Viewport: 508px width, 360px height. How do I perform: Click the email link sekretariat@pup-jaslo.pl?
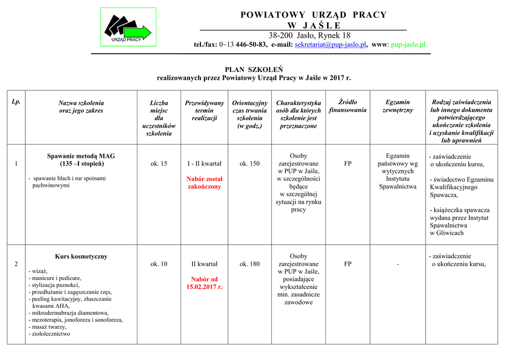pos(330,45)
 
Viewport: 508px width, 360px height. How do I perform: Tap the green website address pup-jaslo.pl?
pos(408,45)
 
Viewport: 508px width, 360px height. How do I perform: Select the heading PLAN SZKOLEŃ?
pos(254,70)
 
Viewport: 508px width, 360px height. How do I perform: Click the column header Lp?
pos(16,102)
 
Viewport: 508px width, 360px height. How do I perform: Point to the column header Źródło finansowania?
pos(347,106)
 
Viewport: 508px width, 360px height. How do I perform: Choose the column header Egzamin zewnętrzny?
pos(397,106)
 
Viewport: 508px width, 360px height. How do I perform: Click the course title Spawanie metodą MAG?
pos(81,156)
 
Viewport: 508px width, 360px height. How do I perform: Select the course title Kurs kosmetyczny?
pos(81,257)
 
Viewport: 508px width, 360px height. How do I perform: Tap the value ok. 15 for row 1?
pos(159,163)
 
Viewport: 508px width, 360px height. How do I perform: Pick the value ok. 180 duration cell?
pos(250,264)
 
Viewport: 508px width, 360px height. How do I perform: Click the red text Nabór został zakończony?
pos(204,183)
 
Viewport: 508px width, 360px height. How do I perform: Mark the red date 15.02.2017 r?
pos(204,287)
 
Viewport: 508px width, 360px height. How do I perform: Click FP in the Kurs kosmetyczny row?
pos(347,264)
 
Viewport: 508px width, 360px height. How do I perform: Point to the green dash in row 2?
pos(397,265)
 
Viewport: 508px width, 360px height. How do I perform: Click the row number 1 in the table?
pos(16,163)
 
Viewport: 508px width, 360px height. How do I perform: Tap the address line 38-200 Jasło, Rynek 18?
pos(310,35)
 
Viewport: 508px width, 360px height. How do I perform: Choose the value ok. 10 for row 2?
pos(159,264)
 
